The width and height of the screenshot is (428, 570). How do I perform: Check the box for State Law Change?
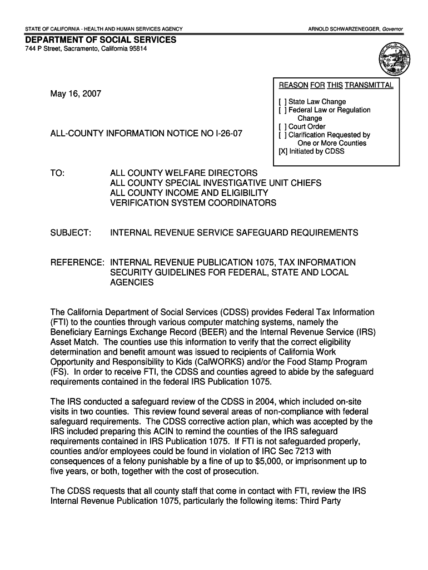click(282, 102)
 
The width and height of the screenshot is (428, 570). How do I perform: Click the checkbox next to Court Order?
click(282, 127)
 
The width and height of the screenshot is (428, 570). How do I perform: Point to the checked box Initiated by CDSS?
click(282, 151)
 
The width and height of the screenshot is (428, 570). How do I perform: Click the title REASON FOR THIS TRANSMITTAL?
click(336, 85)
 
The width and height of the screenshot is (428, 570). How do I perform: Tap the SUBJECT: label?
click(71, 233)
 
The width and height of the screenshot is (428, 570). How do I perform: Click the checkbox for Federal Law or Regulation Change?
click(282, 110)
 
